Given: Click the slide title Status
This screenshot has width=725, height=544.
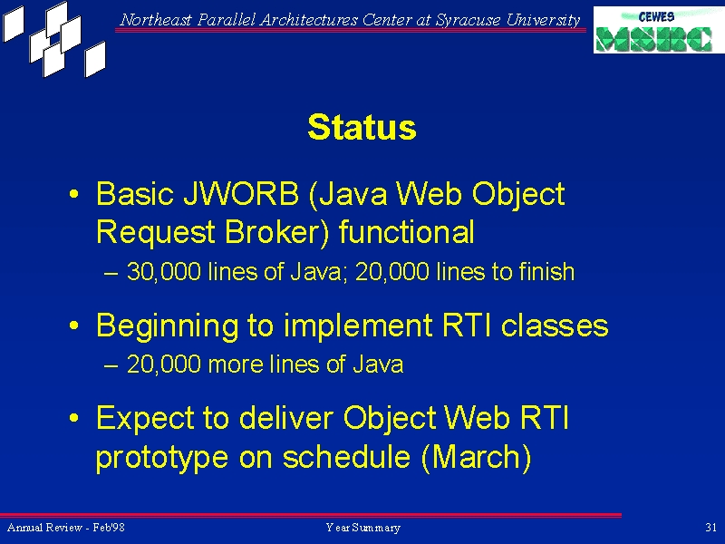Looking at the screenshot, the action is pyautogui.click(x=362, y=127).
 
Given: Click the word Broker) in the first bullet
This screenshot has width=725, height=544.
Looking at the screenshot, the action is pyautogui.click(x=277, y=232).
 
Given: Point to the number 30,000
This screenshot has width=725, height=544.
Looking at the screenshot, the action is pyautogui.click(x=164, y=271).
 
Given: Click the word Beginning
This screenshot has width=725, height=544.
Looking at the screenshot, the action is pyautogui.click(x=168, y=326).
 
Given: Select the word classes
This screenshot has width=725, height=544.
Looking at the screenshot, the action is pyautogui.click(x=555, y=325).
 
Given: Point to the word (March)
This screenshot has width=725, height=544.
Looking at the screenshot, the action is pyautogui.click(x=477, y=458).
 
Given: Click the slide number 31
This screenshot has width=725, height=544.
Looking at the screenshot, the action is pyautogui.click(x=711, y=528).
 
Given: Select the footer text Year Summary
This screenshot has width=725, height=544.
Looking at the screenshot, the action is pyautogui.click(x=363, y=528).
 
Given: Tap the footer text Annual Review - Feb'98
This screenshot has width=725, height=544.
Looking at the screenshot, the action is pyautogui.click(x=65, y=528).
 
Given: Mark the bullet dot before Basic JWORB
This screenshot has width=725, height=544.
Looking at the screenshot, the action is pyautogui.click(x=73, y=194).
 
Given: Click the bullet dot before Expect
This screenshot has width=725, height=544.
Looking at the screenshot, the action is pyautogui.click(x=73, y=419).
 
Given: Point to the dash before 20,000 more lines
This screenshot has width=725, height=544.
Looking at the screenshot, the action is pyautogui.click(x=111, y=365).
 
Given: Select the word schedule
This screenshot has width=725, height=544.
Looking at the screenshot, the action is pyautogui.click(x=347, y=457).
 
